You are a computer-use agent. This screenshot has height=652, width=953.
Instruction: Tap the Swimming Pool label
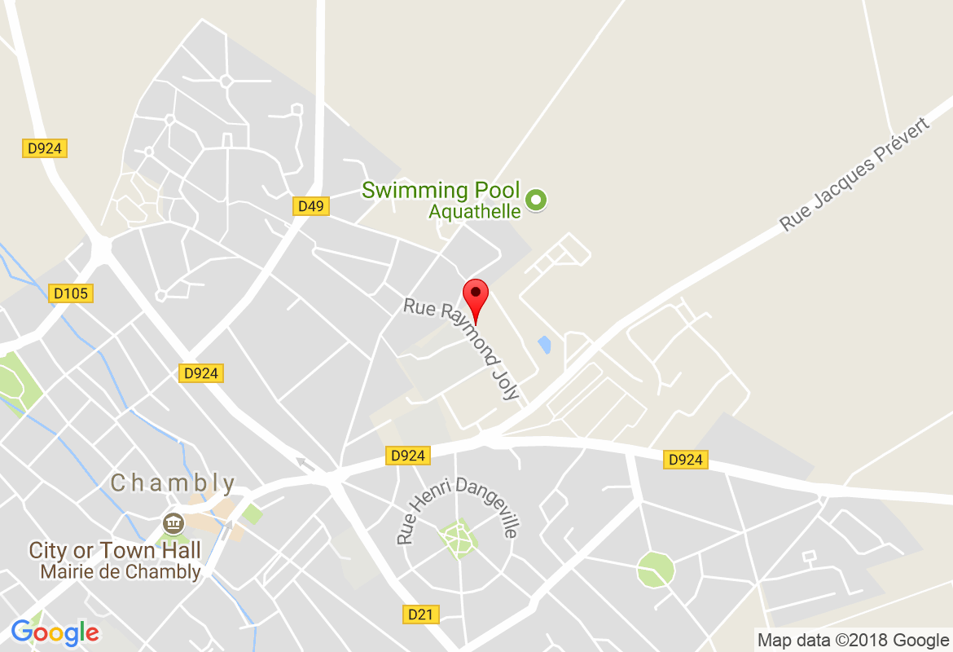click(440, 191)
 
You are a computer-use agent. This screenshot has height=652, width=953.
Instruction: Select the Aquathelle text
click(475, 212)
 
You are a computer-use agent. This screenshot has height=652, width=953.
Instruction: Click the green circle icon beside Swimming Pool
click(536, 199)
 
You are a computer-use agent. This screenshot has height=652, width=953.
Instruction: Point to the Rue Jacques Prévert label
click(854, 174)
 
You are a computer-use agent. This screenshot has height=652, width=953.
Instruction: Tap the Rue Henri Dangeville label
click(457, 509)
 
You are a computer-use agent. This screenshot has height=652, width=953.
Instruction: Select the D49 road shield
click(311, 206)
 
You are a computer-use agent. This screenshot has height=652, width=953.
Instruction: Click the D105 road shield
click(72, 293)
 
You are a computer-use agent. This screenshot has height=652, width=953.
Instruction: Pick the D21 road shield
click(420, 614)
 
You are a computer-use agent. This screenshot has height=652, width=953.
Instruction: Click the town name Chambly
click(173, 483)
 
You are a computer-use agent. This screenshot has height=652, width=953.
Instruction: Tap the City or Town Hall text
click(115, 551)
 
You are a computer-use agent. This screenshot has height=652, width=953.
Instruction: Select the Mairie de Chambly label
click(121, 572)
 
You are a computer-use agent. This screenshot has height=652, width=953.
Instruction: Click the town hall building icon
click(173, 522)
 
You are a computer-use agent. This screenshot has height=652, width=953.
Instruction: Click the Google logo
click(55, 632)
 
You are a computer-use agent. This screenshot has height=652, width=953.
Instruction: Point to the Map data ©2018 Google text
click(853, 640)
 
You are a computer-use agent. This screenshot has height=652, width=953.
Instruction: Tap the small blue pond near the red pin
click(544, 344)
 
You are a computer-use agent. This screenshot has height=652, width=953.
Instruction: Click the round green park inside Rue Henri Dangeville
click(459, 538)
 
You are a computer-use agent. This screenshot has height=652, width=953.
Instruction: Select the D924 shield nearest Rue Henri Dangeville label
click(407, 456)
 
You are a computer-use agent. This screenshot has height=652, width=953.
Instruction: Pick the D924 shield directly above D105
click(44, 148)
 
